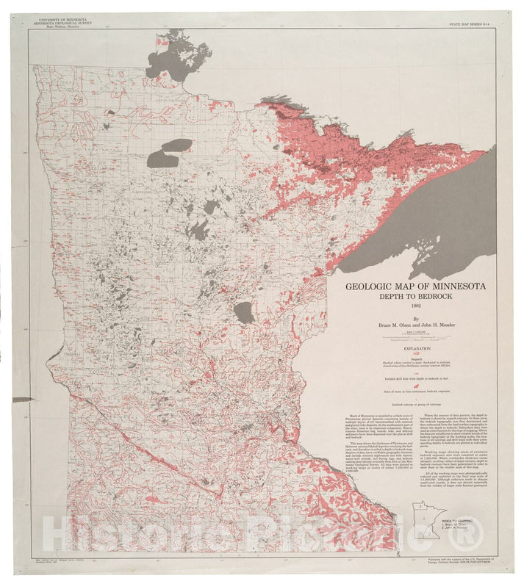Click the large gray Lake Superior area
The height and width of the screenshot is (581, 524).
[441, 213]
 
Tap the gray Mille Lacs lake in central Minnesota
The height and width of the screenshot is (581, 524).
[244, 312]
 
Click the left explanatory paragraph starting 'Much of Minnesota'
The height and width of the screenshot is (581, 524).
[372, 455]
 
